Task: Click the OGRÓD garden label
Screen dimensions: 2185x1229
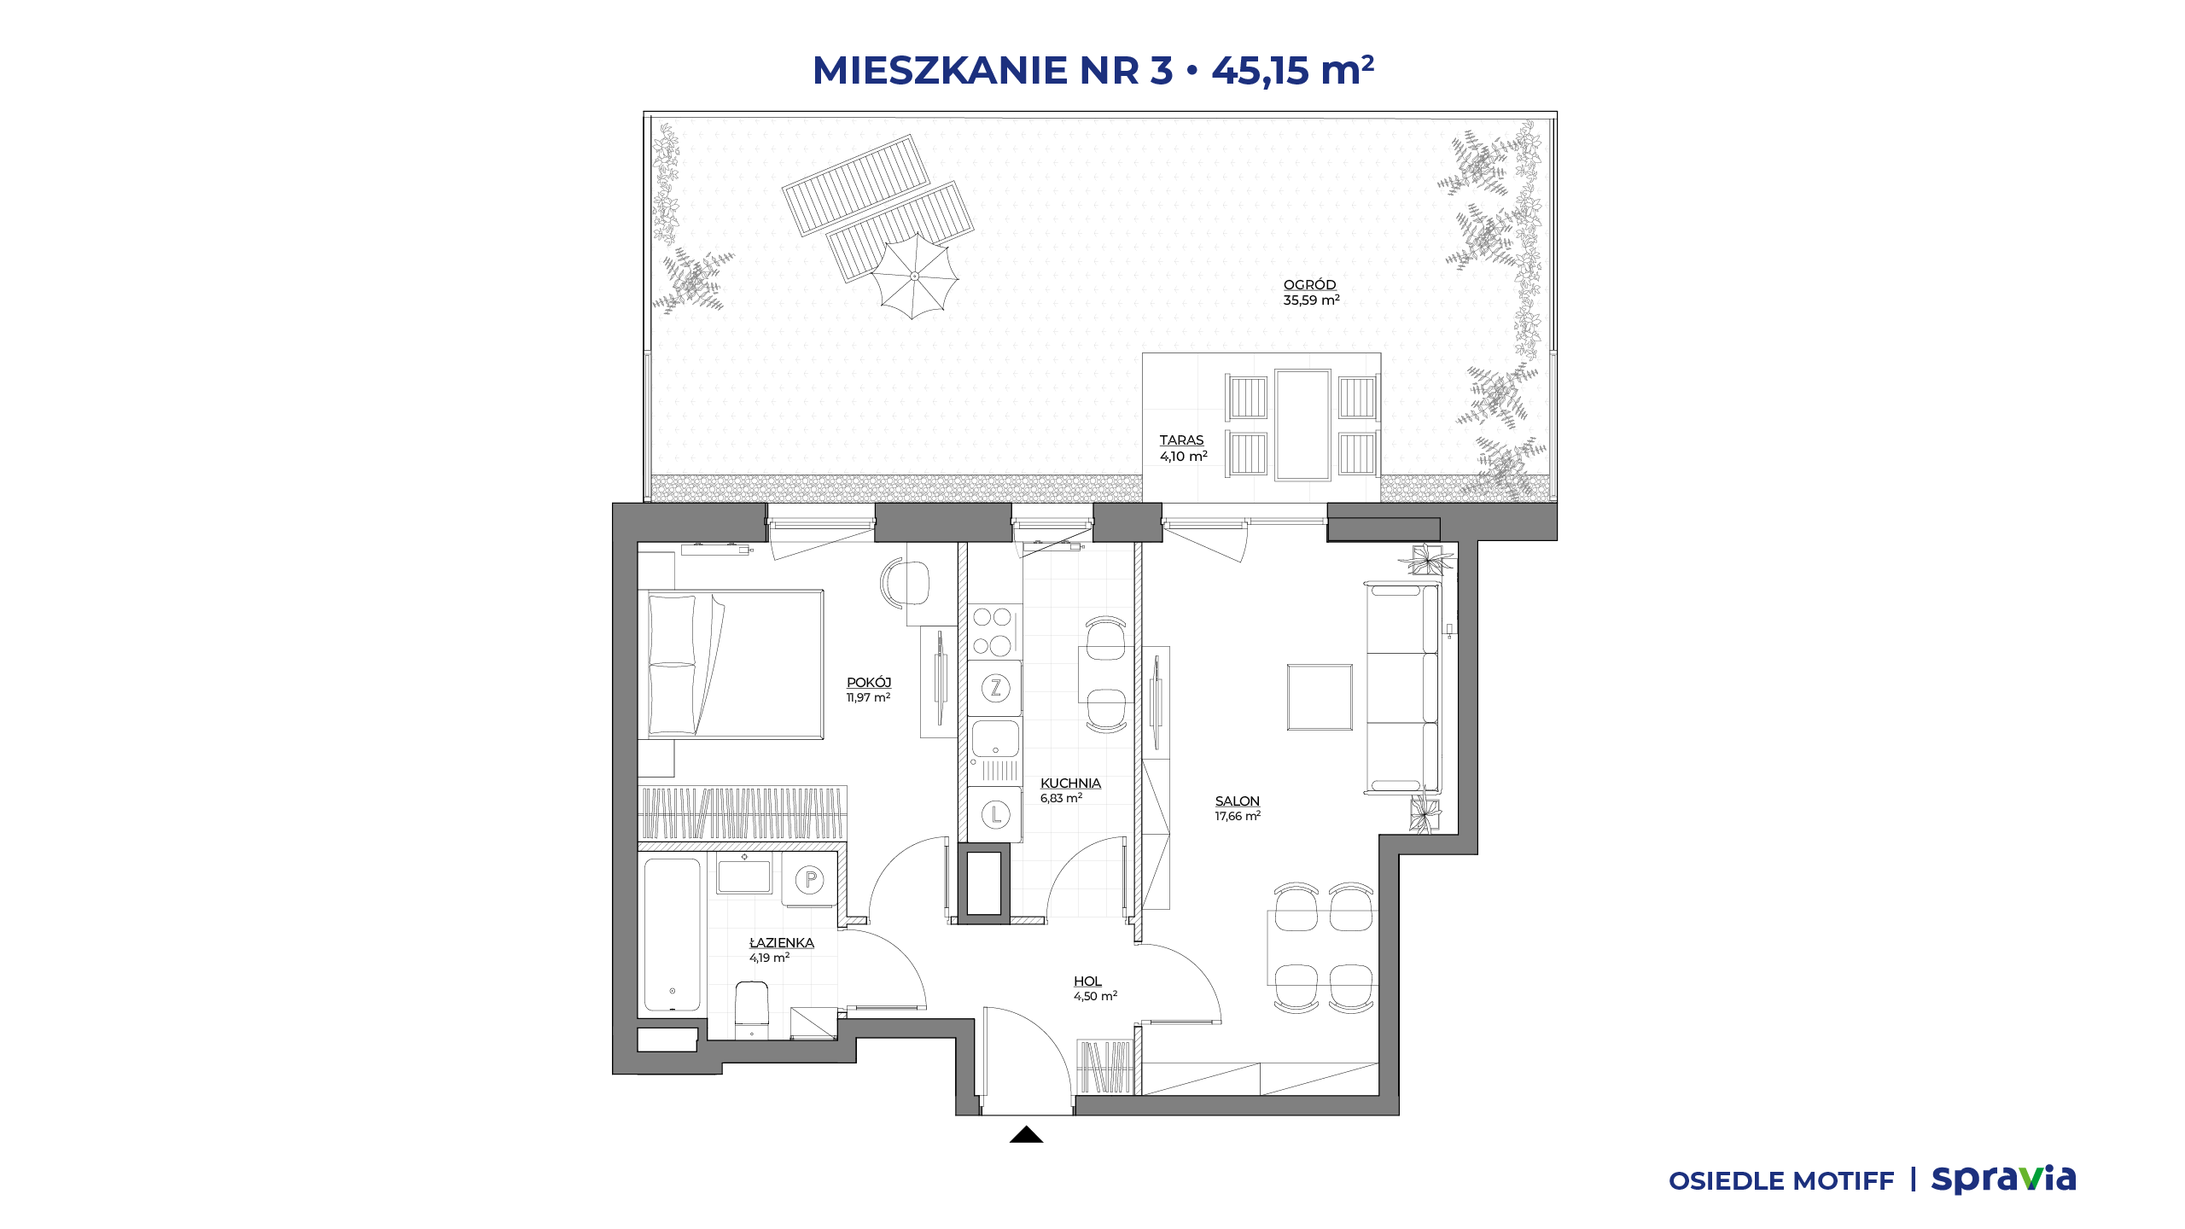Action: [x=1309, y=285]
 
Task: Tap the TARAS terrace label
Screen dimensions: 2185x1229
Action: [x=1181, y=440]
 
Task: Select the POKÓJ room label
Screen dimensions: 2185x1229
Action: [x=869, y=683]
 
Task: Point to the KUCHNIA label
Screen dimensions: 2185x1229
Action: [x=1070, y=783]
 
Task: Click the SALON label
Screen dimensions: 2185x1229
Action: [x=1238, y=801]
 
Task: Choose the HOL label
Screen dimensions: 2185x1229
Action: [x=1087, y=981]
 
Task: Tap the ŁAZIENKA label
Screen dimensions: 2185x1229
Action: [x=782, y=943]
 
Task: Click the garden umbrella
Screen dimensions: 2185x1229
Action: [x=914, y=277]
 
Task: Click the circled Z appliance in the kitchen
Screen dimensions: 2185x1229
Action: [x=995, y=688]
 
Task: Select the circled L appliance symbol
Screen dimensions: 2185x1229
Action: [x=995, y=814]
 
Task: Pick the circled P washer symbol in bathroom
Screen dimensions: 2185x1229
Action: [x=810, y=879]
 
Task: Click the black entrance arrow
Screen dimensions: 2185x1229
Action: [x=1026, y=1134]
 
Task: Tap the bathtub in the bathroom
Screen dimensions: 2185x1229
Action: [x=673, y=935]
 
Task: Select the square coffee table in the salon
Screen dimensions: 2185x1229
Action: [x=1320, y=697]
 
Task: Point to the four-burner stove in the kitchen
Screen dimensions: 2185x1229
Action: [x=994, y=632]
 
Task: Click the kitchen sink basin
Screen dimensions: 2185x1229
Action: [x=995, y=738]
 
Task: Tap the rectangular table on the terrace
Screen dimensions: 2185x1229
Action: [x=1302, y=425]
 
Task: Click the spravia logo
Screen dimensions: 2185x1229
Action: [x=2003, y=1179]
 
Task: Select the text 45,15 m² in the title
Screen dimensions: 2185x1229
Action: [x=1292, y=70]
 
